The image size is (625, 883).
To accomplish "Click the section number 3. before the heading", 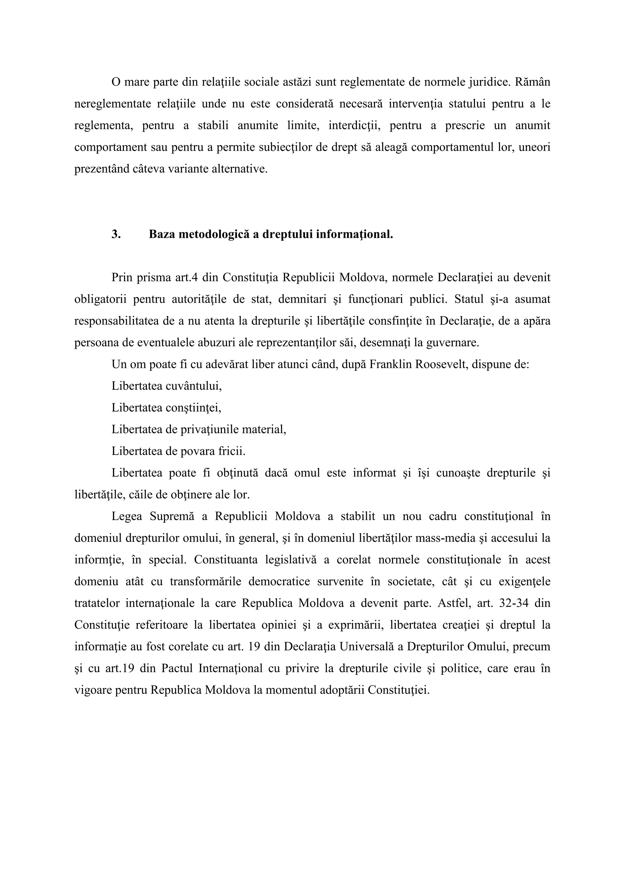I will (x=116, y=234).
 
